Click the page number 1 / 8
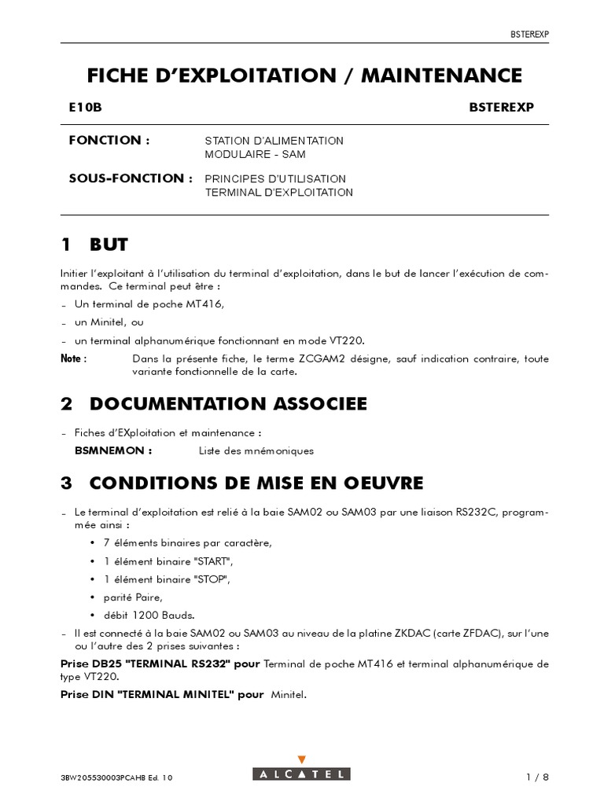[537, 755]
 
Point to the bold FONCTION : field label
[109, 140]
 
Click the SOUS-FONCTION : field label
[131, 178]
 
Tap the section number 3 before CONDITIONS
[66, 481]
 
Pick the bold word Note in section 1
[73, 358]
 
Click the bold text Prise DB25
[91, 664]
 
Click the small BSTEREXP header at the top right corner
[528, 34]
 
